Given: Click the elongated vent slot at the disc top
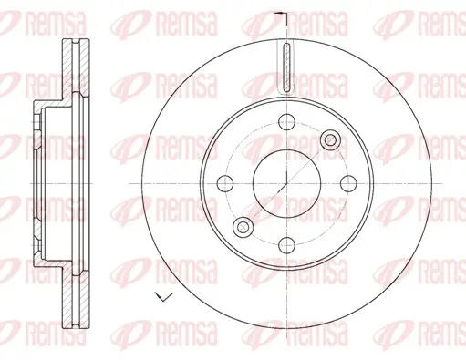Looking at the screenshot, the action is pyautogui.click(x=286, y=67).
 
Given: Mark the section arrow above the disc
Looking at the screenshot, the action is pyautogui.click(x=281, y=14).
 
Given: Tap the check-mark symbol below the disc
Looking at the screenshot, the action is pyautogui.click(x=163, y=296).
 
